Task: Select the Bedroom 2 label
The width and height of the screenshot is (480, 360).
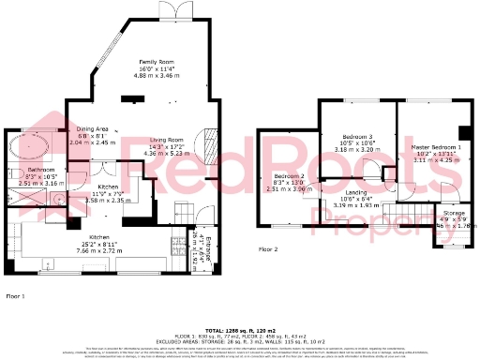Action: click(x=290, y=176)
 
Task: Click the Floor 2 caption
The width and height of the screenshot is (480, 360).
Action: click(x=269, y=249)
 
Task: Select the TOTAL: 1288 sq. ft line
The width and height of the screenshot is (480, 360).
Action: click(x=240, y=331)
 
